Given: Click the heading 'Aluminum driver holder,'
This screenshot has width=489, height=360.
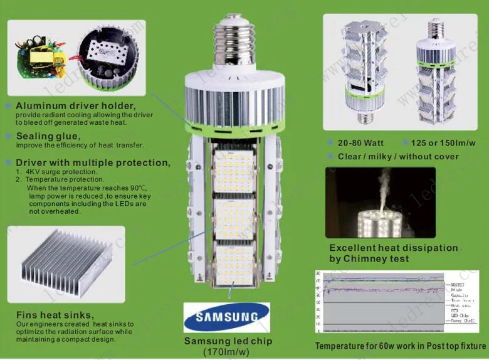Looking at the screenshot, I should tap(75, 105).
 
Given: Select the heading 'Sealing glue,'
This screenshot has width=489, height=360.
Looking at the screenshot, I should tap(48, 136).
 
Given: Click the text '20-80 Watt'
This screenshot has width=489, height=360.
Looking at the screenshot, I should tap(360, 143).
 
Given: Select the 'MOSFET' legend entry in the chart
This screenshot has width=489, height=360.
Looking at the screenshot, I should tap(458, 283).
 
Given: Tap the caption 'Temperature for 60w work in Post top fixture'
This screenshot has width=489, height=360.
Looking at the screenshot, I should tap(400, 346).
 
